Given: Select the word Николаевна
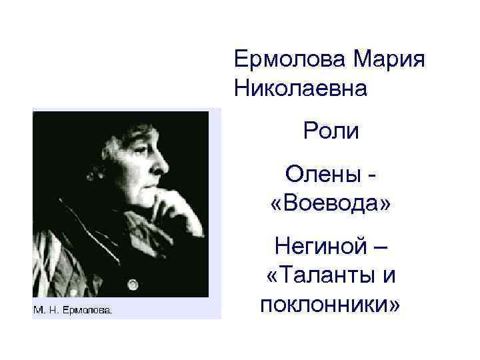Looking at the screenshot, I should pyautogui.click(x=301, y=88).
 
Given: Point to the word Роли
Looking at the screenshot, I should pyautogui.click(x=331, y=130).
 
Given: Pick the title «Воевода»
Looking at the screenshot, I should pyautogui.click(x=331, y=203).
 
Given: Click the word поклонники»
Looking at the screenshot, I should pyautogui.click(x=331, y=304).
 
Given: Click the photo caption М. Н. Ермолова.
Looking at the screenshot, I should pyautogui.click(x=73, y=309).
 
